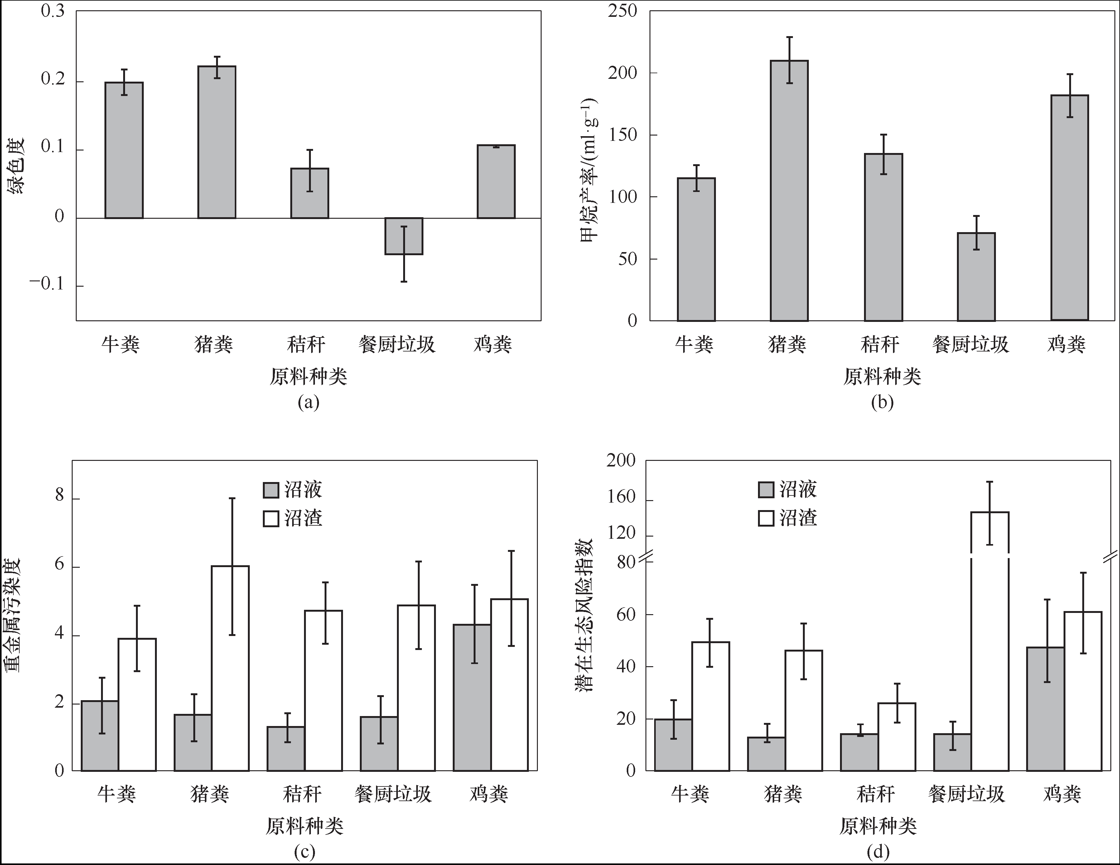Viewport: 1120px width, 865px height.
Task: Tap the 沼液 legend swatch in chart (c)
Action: click(x=271, y=490)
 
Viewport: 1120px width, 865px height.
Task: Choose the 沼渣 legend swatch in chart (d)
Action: click(x=766, y=518)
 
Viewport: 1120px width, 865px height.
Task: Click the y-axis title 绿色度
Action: click(x=16, y=166)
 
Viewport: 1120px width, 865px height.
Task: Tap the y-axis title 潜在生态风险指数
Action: click(x=584, y=615)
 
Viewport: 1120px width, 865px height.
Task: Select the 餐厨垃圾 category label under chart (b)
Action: click(x=970, y=344)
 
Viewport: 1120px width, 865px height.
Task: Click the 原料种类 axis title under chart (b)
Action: click(x=882, y=377)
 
